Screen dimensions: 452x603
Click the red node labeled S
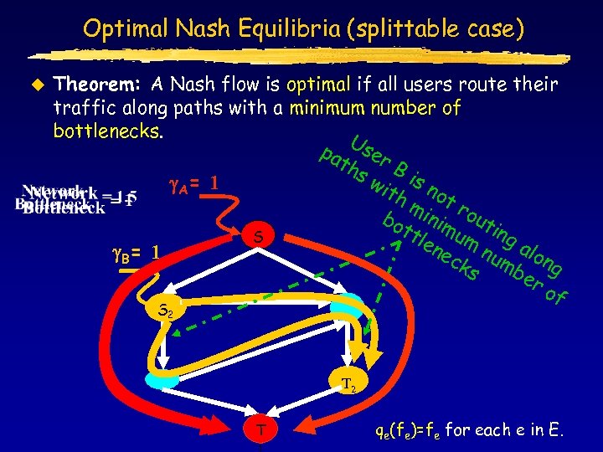(260, 239)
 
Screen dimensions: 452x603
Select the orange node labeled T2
(348, 386)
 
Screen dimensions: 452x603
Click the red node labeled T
(262, 430)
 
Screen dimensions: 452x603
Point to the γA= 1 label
(194, 182)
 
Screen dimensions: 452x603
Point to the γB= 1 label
(136, 251)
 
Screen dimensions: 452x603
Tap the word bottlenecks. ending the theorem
(107, 131)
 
